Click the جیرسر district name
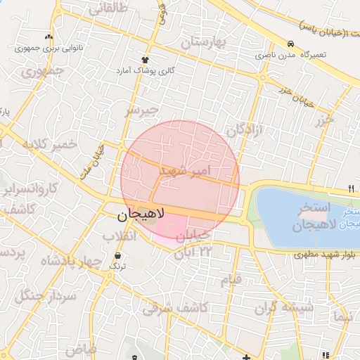pos(143,111)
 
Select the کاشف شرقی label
pos(175,307)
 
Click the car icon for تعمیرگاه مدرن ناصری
pos(290,41)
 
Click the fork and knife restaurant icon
pos(350,188)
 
